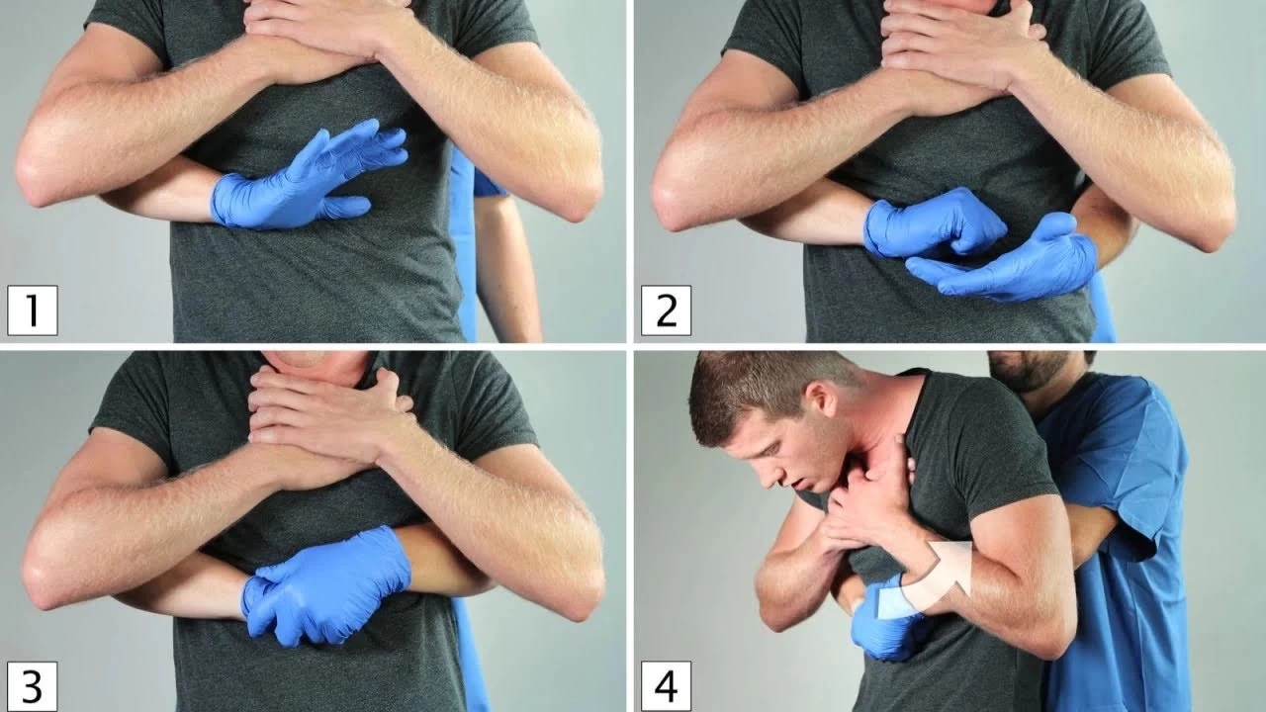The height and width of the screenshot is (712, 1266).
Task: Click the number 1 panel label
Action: pos(33,311)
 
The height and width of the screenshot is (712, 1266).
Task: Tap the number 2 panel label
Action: pos(666,311)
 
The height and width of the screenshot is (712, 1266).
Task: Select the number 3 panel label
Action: pos(33,686)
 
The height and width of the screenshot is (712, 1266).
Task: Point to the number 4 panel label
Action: pos(666,686)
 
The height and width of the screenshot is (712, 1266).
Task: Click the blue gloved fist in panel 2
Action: pos(933,223)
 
